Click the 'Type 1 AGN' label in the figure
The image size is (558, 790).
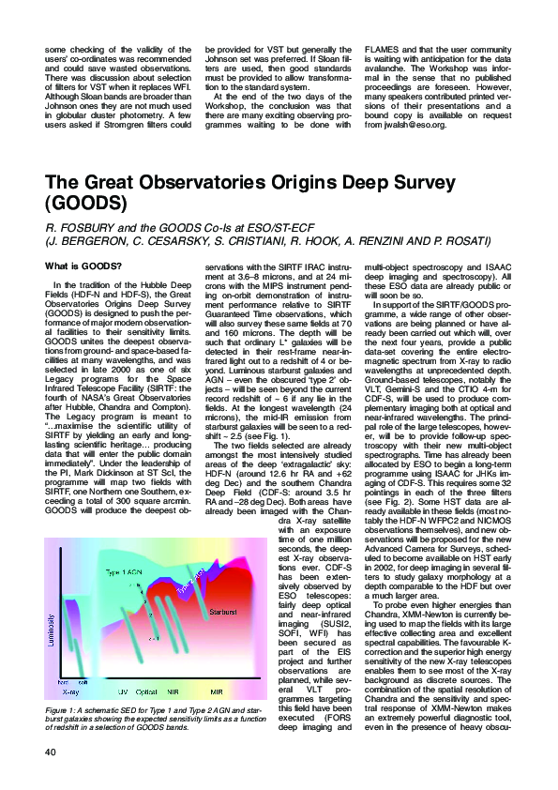pos(123,571)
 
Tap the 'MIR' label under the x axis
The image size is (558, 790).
pos(215,717)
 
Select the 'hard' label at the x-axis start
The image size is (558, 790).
pos(63,707)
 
